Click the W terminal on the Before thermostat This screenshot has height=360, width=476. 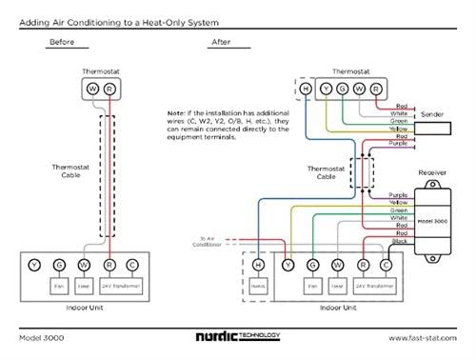(92, 88)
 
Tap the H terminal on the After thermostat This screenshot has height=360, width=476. (306, 88)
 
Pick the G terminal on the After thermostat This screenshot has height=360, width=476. (343, 88)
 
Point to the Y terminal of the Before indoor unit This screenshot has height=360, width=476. (35, 264)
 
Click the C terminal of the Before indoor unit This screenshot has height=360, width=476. (131, 264)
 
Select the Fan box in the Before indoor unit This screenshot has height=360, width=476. (59, 284)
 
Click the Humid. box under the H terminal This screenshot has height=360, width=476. (258, 284)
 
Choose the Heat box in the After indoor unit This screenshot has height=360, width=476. (338, 284)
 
